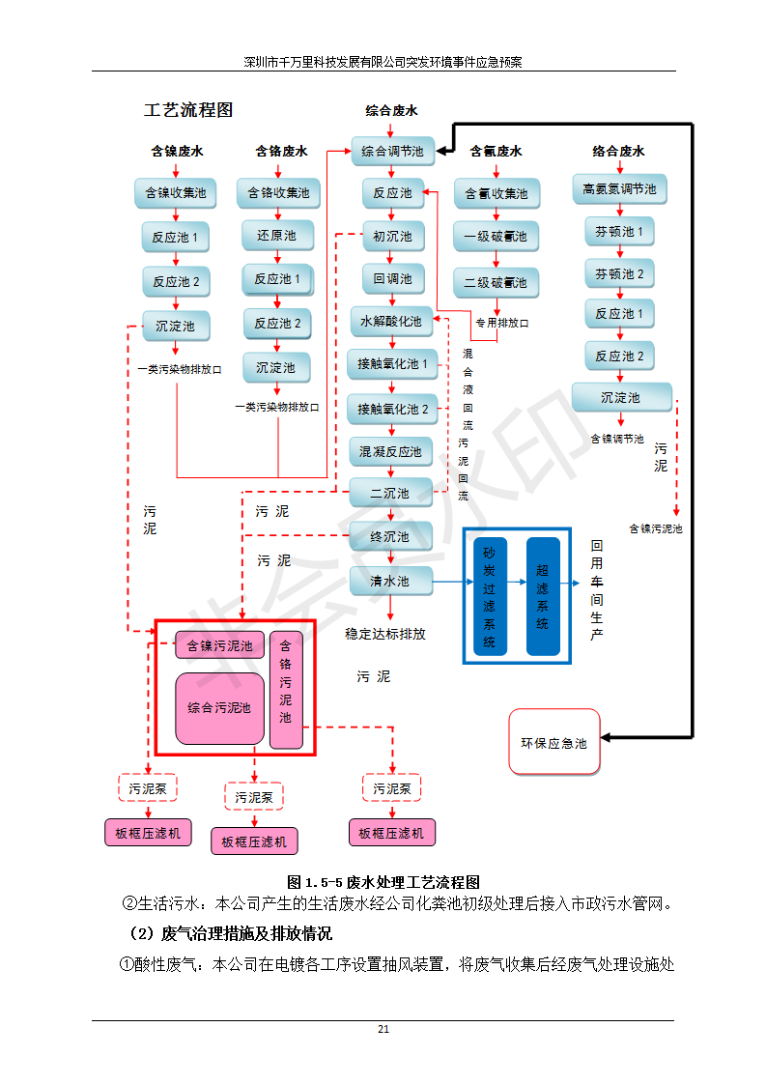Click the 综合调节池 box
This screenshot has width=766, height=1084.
392,151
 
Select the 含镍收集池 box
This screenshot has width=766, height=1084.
176,192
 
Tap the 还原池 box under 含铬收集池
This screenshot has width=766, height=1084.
277,235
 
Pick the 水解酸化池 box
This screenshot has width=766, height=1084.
391,321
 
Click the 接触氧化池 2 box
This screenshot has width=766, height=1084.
392,409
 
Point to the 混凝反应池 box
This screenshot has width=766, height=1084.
391,451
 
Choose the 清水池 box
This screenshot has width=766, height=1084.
390,582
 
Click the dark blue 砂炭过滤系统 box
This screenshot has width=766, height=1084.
490,596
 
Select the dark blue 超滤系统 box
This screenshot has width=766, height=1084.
543,596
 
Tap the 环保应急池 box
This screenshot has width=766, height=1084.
554,743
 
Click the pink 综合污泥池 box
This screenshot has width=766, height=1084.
219,707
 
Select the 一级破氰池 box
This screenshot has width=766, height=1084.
496,236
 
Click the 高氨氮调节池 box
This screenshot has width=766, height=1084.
619,188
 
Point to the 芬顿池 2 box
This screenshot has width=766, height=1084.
619,273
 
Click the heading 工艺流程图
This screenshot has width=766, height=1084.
188,110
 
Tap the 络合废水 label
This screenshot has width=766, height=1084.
618,151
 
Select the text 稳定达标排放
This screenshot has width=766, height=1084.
385,635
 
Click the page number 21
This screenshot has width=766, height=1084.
383,1029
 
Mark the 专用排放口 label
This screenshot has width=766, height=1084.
502,323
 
